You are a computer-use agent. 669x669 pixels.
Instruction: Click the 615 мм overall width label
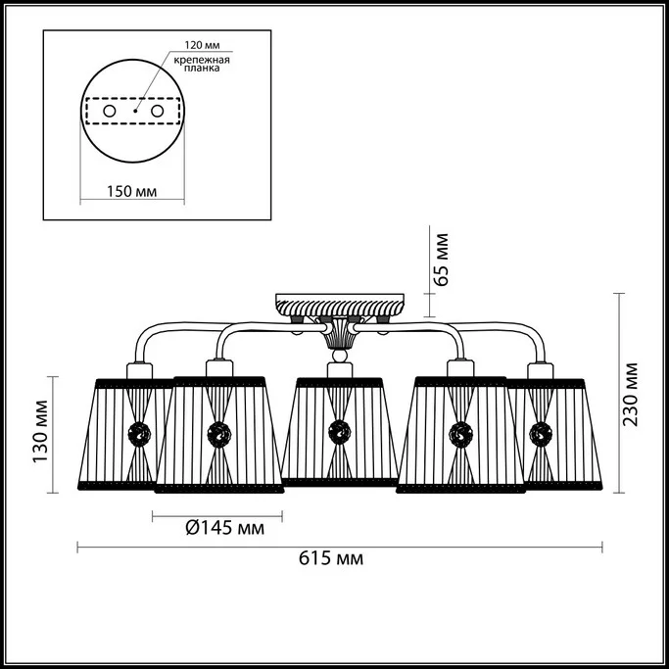331,558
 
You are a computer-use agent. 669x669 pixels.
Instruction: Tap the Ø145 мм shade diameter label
225,528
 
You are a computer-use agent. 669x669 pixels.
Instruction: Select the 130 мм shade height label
40,431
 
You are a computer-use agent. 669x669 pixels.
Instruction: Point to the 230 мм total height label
630,394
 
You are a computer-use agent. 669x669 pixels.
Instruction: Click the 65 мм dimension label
441,260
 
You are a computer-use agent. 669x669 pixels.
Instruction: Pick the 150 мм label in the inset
131,191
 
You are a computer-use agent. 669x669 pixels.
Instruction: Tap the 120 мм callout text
202,45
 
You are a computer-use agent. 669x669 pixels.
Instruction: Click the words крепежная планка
202,64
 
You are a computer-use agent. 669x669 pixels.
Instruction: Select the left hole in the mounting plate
110,112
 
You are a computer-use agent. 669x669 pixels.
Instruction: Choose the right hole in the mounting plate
158,112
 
